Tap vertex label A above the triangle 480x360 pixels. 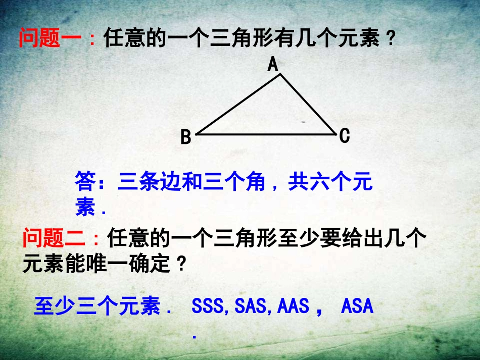coord(273,65)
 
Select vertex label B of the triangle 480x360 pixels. coord(186,137)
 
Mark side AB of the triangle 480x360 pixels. coord(237,105)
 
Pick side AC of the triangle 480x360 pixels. coord(308,104)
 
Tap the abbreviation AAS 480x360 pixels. coord(292,306)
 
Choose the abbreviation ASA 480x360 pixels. coord(357,306)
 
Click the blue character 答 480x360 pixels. coord(85,182)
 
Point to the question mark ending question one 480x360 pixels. coord(389,39)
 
